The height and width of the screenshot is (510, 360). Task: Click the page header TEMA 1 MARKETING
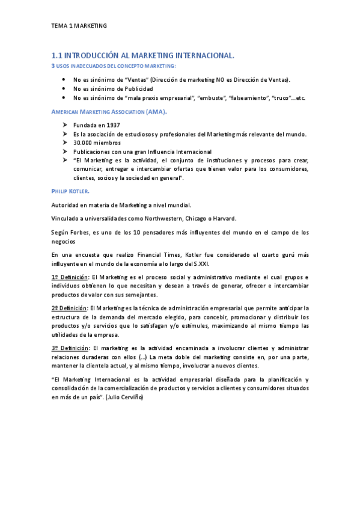point(79,26)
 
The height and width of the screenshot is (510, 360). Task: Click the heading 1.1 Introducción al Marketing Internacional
point(142,55)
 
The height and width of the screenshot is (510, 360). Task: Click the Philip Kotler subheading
point(70,191)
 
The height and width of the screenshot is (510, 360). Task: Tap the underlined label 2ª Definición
point(70,309)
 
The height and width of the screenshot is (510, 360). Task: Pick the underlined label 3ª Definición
point(70,348)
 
